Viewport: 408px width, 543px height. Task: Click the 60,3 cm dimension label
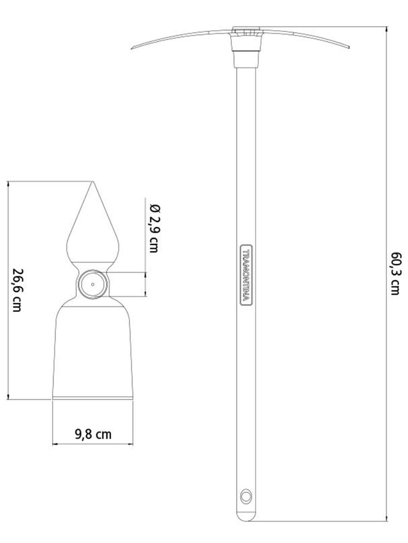[x=395, y=274]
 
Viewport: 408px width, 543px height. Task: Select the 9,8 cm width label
[x=93, y=435]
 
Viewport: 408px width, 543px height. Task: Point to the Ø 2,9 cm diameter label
[x=155, y=228]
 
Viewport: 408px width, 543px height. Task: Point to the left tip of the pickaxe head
[x=131, y=49]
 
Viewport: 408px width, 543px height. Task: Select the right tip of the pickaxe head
[x=349, y=47]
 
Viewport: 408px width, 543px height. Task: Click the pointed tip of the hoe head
[x=93, y=181]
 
